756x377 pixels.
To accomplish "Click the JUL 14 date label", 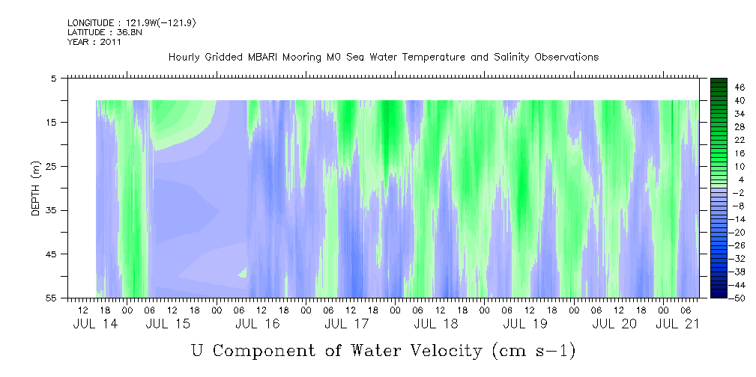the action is (x=95, y=324).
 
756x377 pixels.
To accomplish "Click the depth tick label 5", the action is (x=52, y=79).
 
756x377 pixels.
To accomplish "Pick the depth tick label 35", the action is (x=49, y=210).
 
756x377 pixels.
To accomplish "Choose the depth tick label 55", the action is (x=49, y=298).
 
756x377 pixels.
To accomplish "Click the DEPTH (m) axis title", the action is (x=36, y=188).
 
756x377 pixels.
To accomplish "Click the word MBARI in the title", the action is (x=261, y=58).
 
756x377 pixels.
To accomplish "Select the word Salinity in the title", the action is (x=512, y=58).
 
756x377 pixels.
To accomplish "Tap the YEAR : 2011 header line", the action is (x=94, y=42).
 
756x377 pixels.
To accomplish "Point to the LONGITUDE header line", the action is (x=132, y=23).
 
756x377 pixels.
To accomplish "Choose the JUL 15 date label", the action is (x=168, y=324).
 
